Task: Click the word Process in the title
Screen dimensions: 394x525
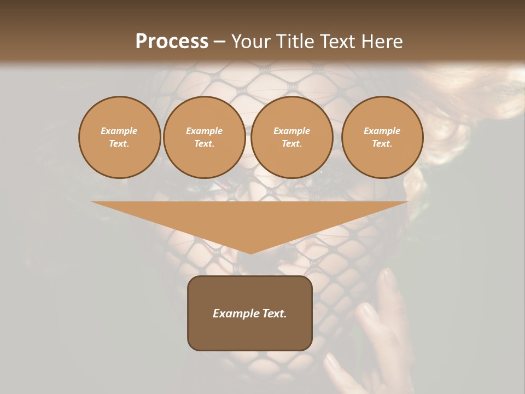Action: pos(172,42)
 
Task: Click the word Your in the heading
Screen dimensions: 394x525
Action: pos(252,42)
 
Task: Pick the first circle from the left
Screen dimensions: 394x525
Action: pos(119,137)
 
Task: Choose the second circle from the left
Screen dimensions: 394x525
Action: pos(205,137)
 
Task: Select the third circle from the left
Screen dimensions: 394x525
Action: pos(292,137)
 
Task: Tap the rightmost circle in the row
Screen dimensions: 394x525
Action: pos(382,137)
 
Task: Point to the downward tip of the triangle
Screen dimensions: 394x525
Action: pos(250,253)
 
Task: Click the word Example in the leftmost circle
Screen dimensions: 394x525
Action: pos(119,131)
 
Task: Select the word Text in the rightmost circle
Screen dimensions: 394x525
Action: pos(382,144)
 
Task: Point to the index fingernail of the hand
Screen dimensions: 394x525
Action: pos(390,279)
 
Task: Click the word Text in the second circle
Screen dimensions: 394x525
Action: pos(205,144)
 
